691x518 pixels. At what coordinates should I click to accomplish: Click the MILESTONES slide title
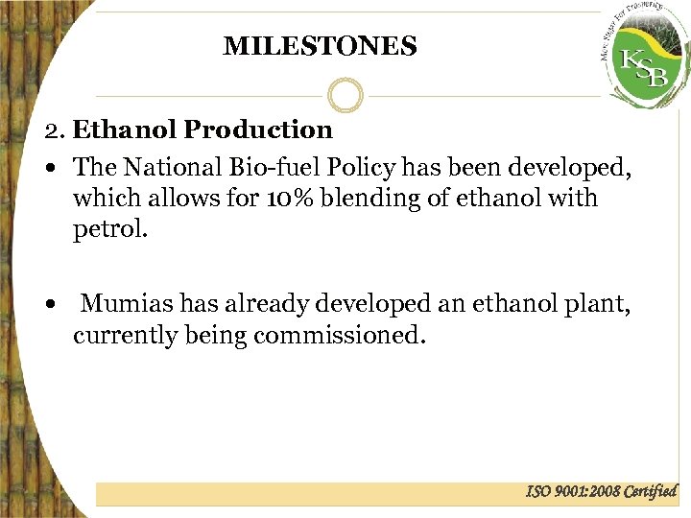pyautogui.click(x=320, y=46)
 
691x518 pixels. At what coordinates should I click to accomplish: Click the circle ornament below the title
pyautogui.click(x=345, y=95)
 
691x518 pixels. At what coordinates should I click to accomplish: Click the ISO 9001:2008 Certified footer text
pyautogui.click(x=602, y=491)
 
